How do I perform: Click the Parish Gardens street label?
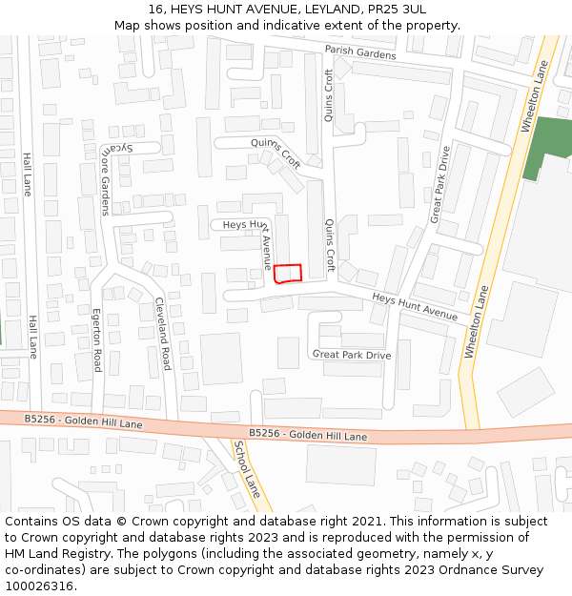(359, 53)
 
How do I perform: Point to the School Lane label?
(247, 470)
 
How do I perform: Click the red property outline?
(288, 274)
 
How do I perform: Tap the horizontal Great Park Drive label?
(352, 355)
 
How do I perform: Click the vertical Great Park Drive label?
(439, 185)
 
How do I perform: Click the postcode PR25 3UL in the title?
(394, 9)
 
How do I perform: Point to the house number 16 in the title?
(156, 9)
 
